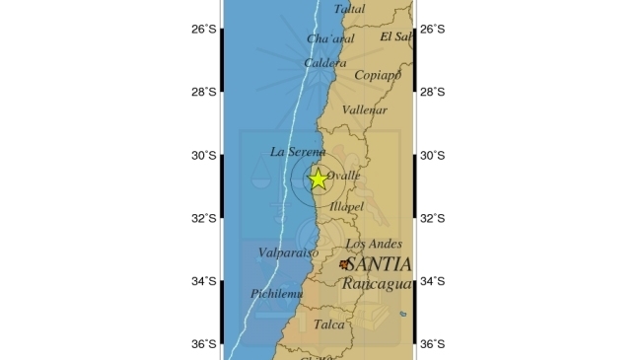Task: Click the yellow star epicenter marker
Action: coord(318,180)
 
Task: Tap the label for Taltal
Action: coord(349,9)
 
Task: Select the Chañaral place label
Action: coord(330,39)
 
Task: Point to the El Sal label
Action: coord(395,36)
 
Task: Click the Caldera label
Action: coord(324,63)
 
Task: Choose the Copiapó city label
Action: coord(378,75)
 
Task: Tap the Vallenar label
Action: coord(365,111)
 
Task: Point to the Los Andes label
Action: coord(373,244)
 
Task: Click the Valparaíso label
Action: coord(288,253)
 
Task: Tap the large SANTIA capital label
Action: coord(379,264)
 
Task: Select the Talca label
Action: coord(328,324)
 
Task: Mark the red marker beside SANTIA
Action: coord(343,264)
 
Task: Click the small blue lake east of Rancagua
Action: coord(402,315)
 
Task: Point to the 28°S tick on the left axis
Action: coord(204,93)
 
